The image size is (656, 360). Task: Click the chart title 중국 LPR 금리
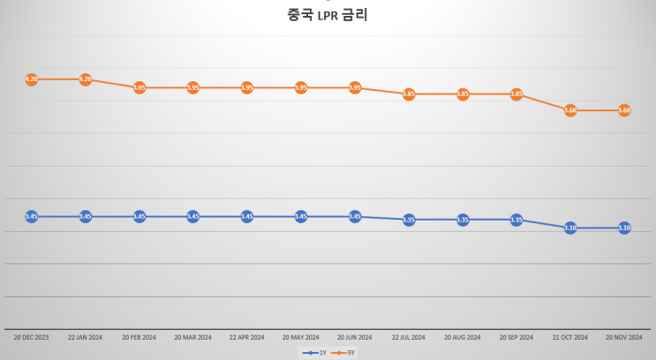pos(328,15)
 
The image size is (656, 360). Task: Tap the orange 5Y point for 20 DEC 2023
pos(32,79)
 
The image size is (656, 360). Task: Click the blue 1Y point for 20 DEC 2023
pos(32,216)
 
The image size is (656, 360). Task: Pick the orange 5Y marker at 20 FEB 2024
pos(139,87)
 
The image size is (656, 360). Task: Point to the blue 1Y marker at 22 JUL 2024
pos(409,220)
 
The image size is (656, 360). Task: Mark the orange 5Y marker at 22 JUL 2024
pos(409,94)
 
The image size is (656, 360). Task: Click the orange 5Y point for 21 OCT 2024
pos(570,110)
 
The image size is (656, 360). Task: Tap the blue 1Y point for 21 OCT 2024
pos(570,228)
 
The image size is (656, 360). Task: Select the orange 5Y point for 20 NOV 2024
pos(624,110)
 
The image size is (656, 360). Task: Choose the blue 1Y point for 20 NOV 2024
pos(624,228)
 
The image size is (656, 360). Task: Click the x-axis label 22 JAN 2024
pos(86,337)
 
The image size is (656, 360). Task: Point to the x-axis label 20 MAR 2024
pos(193,337)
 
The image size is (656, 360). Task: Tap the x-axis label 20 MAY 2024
pos(301,337)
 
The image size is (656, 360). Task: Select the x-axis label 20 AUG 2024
pos(463,337)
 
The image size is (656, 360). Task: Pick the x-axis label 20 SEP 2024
pos(517,337)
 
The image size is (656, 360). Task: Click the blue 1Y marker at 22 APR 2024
pos(247,216)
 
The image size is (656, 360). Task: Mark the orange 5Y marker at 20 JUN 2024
pos(355,87)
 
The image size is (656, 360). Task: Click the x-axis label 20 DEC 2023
pos(32,337)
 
